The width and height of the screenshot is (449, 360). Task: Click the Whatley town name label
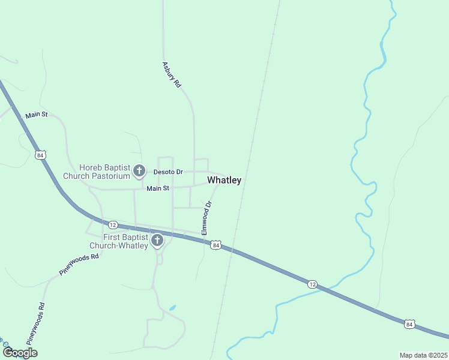pyautogui.click(x=224, y=180)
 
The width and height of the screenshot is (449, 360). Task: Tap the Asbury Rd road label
pyautogui.click(x=171, y=75)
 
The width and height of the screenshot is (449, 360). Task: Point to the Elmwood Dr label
pyautogui.click(x=207, y=218)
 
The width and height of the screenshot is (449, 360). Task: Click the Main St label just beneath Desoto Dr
pyautogui.click(x=158, y=188)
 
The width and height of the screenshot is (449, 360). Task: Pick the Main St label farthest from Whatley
pyautogui.click(x=36, y=115)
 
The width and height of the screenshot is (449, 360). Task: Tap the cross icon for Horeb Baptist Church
pyautogui.click(x=139, y=172)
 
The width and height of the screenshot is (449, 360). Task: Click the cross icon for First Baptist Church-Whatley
pyautogui.click(x=157, y=241)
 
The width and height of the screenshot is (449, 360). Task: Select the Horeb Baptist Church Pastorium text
pyautogui.click(x=105, y=172)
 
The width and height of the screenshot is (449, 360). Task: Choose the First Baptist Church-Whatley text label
pyautogui.click(x=119, y=241)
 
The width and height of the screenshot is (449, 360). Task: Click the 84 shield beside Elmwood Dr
pyautogui.click(x=216, y=245)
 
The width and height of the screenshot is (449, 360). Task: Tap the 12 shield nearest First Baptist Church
pyautogui.click(x=113, y=224)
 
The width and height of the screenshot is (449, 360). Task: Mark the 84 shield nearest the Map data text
pyautogui.click(x=409, y=324)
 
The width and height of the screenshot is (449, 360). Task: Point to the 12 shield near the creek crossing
pyautogui.click(x=312, y=283)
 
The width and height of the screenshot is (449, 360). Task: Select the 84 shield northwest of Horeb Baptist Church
pyautogui.click(x=40, y=155)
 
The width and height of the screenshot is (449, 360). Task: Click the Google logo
pyautogui.click(x=20, y=353)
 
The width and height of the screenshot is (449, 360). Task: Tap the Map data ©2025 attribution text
pyautogui.click(x=423, y=355)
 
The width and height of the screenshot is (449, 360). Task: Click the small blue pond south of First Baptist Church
pyautogui.click(x=172, y=308)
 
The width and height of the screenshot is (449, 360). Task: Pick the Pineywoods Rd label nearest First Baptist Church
pyautogui.click(x=79, y=265)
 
